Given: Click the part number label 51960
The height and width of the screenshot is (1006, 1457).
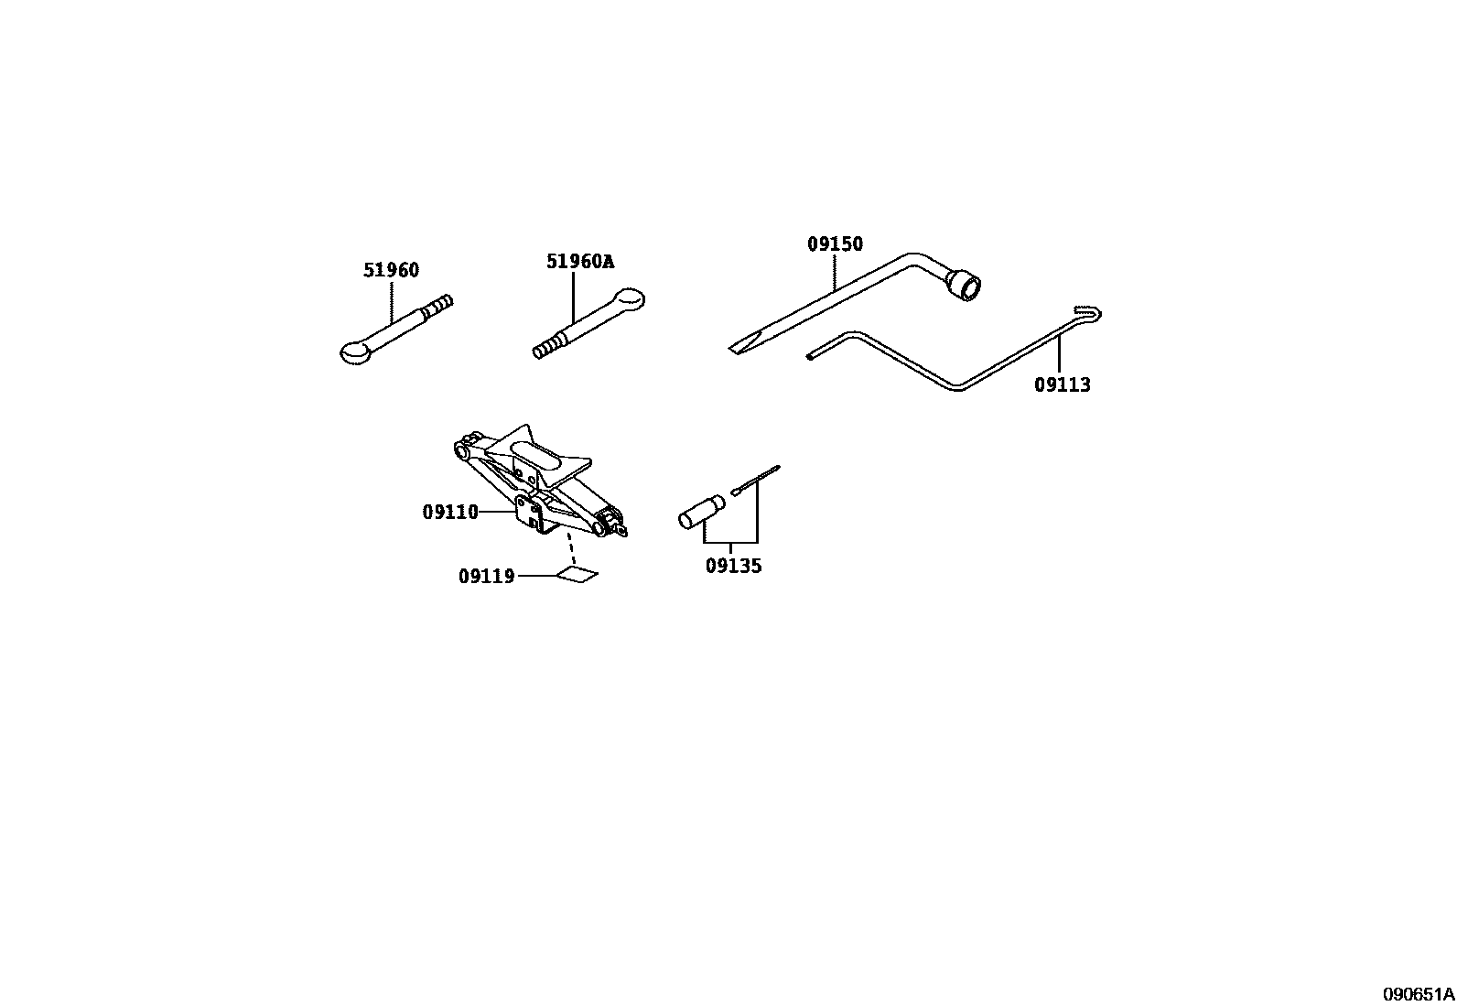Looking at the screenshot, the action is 391,270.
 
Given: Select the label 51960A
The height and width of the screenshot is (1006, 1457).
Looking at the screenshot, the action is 579,262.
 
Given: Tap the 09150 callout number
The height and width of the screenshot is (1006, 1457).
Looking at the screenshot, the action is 835,244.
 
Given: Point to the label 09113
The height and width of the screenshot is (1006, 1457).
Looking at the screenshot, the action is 1063,385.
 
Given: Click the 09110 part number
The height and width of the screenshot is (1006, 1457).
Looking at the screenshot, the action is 450,513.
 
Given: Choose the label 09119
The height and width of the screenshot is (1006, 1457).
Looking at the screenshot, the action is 486,577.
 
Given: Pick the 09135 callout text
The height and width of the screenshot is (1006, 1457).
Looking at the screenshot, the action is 733,567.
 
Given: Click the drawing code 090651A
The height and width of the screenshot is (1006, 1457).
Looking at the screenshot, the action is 1418,994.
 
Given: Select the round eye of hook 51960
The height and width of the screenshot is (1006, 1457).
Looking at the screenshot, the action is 353,351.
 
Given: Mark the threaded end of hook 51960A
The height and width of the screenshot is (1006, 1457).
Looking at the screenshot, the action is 546,348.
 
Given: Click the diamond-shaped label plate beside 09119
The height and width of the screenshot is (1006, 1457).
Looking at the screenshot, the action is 577,575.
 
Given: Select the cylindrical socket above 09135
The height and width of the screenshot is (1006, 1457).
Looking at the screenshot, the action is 701,512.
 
